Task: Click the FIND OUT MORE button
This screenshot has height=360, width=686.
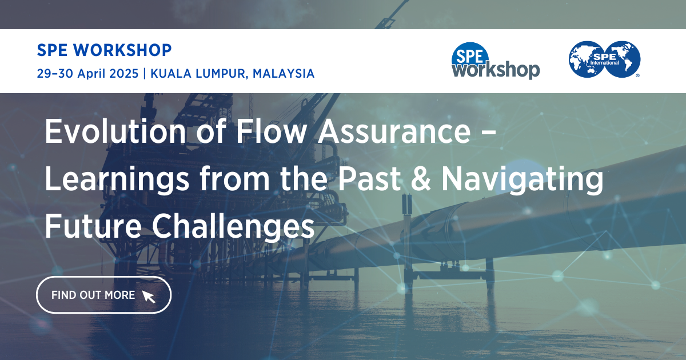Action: click(x=103, y=295)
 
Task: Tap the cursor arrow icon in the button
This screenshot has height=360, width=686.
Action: click(x=149, y=296)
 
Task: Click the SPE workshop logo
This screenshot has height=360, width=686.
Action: click(x=495, y=61)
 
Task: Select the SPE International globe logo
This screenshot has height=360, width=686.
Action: click(x=604, y=59)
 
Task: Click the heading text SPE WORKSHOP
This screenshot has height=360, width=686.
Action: click(x=104, y=50)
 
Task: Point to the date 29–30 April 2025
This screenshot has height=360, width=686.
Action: click(x=87, y=74)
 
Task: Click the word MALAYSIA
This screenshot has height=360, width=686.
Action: click(x=284, y=74)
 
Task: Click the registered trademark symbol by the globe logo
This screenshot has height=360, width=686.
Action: click(x=637, y=75)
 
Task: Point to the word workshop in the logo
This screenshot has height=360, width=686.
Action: click(x=495, y=70)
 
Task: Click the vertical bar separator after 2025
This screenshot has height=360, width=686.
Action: click(x=146, y=74)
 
